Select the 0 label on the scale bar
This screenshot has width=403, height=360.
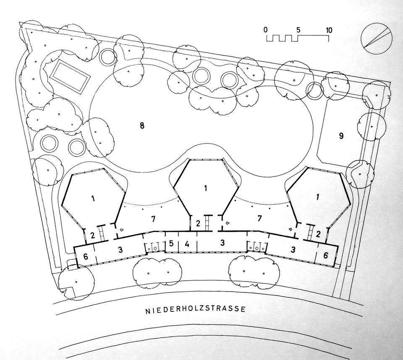click(266, 30)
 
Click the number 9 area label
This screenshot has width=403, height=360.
click(341, 136)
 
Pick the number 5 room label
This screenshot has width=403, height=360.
click(171, 243)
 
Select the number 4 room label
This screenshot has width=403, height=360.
click(187, 243)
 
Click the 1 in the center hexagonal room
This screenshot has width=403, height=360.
click(206, 188)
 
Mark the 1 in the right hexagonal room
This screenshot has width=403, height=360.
click(318, 196)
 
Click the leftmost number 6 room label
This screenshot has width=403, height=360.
click(85, 256)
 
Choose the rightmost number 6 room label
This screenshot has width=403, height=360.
click(325, 255)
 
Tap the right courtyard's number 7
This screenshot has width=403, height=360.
click(259, 219)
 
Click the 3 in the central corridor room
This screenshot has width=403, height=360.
click(222, 243)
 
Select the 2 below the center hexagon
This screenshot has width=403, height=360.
click(198, 222)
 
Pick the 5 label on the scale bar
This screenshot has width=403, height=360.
click(298, 30)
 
